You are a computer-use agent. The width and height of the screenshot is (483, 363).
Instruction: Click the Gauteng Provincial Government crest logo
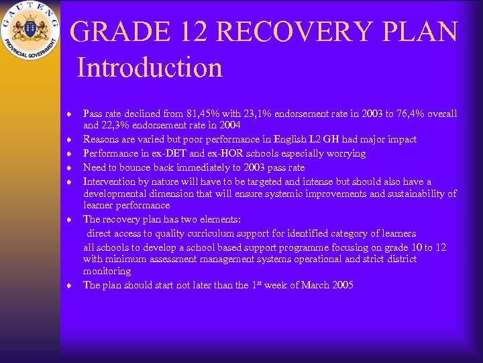coord(30,31)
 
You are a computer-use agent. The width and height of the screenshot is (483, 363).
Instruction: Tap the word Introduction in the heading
coord(149,68)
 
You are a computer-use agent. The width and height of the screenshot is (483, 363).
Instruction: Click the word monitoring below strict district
coord(107,271)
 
